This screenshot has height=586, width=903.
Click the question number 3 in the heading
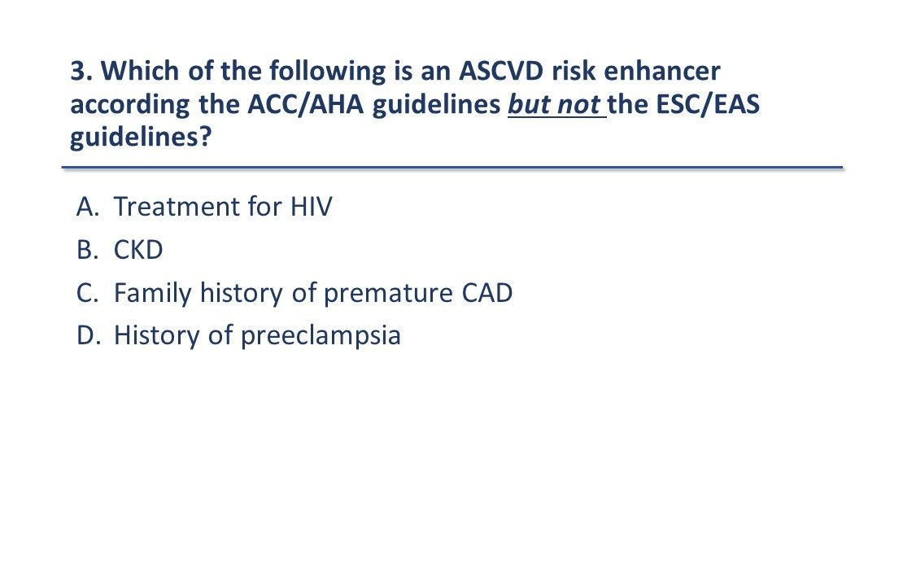tap(78, 72)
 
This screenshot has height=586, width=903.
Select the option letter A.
tap(86, 208)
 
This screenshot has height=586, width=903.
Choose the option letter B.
tap(86, 251)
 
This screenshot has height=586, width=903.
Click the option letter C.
tap(86, 293)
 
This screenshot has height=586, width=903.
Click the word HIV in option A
tap(312, 208)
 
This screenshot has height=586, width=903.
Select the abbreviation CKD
tap(138, 251)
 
